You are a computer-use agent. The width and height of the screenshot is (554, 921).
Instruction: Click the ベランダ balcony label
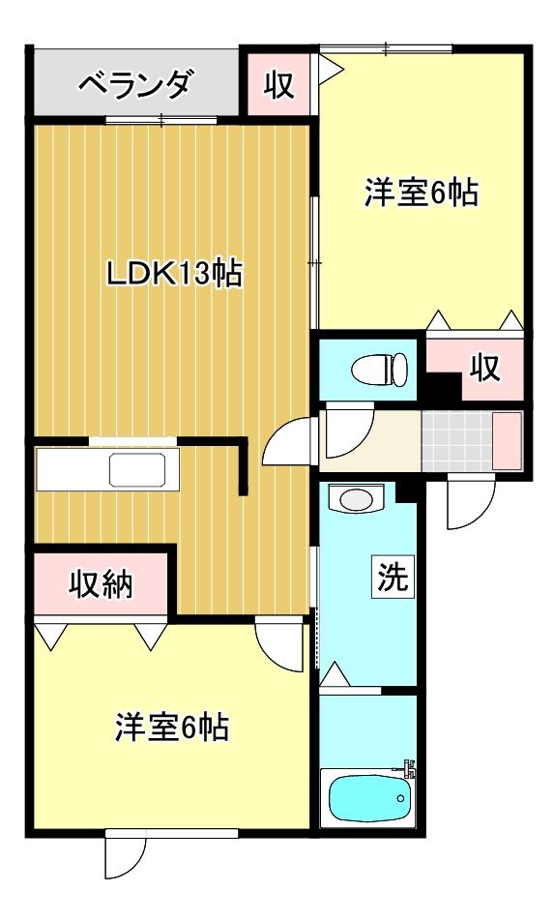135,83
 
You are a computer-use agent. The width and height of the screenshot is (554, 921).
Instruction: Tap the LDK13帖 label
174,273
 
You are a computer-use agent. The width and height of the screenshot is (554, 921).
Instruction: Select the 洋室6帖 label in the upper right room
421,193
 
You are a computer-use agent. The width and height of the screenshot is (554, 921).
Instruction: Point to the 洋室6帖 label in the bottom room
171,728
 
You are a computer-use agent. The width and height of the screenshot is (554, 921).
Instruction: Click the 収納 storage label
102,584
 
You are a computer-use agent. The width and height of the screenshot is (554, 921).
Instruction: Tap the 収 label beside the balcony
278,85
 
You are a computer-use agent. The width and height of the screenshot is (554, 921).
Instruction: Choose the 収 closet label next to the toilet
484,368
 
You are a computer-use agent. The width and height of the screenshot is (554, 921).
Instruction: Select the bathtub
368,798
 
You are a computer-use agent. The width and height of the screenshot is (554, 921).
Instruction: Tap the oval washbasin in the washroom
356,500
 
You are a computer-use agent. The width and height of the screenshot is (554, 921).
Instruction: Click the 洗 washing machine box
393,577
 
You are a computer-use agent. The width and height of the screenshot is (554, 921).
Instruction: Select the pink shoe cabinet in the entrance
507,440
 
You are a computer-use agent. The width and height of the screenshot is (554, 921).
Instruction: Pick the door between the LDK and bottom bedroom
280,644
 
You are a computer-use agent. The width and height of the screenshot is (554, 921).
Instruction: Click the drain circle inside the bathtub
401,798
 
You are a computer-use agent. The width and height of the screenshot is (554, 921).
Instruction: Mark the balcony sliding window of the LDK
161,121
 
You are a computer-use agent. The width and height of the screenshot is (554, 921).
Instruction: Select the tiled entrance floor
456,440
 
